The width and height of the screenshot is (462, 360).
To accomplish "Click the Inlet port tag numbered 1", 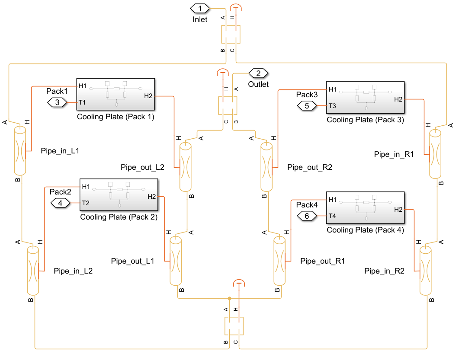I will point(199,8).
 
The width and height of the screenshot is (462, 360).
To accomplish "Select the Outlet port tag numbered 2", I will point(258,73).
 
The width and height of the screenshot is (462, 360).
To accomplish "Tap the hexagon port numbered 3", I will point(58,102).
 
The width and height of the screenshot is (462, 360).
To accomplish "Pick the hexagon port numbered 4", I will point(61,203).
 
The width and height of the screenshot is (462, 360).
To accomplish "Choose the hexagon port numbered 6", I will point(307,216).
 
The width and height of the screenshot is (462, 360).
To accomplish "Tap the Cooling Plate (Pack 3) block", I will point(365,98).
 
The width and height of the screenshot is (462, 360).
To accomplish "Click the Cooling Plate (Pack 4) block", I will point(365,208).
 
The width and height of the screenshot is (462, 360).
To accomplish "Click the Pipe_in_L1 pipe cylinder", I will point(20,151).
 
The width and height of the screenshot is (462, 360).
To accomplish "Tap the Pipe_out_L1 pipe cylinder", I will point(175,261).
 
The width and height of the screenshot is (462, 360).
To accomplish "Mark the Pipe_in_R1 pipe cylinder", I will point(435,154).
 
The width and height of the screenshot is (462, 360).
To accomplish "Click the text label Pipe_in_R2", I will point(384,271).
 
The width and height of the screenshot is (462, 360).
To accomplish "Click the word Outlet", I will point(258,84).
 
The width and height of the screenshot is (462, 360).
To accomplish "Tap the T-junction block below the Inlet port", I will point(230,34).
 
